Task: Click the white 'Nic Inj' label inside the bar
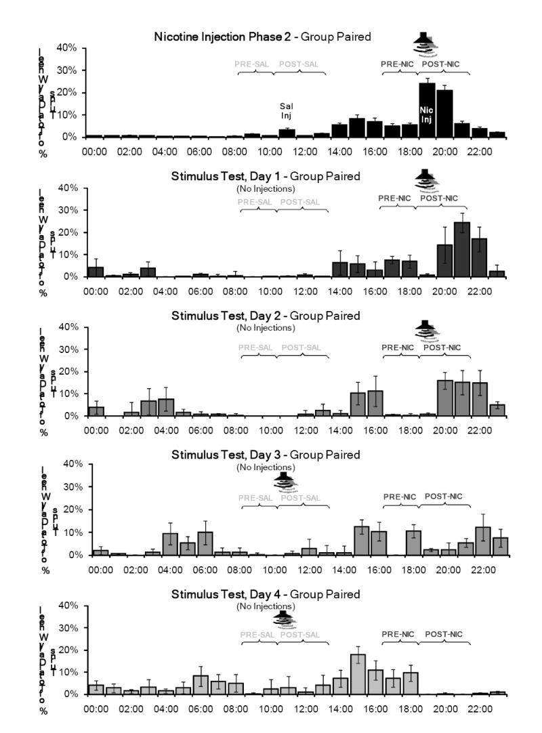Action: click(x=427, y=114)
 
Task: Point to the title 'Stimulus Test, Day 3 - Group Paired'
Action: click(x=265, y=455)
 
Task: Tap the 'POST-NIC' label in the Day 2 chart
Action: click(x=442, y=348)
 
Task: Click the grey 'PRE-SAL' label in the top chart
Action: click(x=252, y=64)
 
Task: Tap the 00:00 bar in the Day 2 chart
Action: click(x=97, y=411)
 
